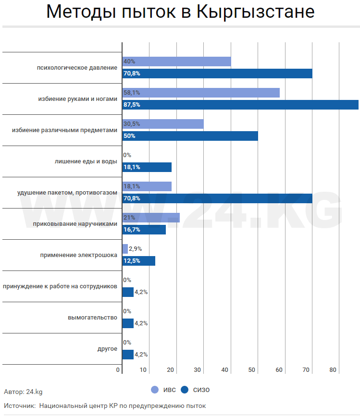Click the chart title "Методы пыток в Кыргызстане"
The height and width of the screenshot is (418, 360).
click(180, 12)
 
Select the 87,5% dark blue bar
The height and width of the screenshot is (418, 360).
click(240, 105)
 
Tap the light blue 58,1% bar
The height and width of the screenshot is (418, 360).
click(201, 93)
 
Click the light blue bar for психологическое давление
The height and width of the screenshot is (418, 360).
click(176, 61)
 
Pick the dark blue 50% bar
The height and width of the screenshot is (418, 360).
click(190, 136)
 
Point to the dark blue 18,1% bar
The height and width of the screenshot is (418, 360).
click(147, 167)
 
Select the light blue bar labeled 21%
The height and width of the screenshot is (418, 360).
click(151, 218)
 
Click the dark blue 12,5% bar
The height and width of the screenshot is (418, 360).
click(138, 261)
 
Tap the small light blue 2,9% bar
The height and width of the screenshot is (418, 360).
click(125, 249)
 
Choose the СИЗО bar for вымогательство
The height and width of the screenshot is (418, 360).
click(128, 323)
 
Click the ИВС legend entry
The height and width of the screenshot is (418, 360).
click(163, 390)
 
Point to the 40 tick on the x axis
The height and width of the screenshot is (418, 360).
click(224, 369)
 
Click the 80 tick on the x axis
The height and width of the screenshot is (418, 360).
click(333, 369)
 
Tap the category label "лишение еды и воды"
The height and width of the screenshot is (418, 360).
click(86, 161)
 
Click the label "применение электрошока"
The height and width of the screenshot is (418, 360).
click(79, 255)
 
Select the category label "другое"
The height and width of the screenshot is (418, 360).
click(107, 349)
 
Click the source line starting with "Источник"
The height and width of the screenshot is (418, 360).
click(105, 406)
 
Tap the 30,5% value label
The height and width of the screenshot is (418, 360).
click(132, 124)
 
